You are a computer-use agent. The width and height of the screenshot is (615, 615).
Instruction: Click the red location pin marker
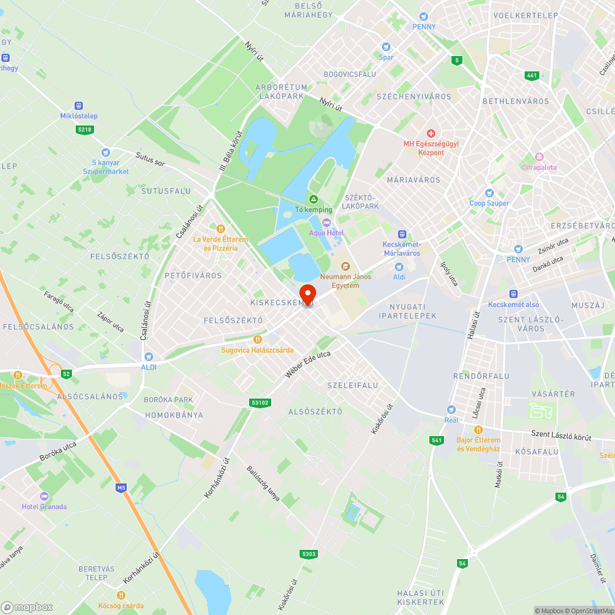tap(307, 294)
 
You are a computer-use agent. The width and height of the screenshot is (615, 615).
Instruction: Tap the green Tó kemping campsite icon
tap(313, 199)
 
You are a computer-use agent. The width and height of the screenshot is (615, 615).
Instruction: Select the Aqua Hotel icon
tap(327, 223)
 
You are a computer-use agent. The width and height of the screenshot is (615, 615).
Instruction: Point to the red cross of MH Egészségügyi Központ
tap(431, 133)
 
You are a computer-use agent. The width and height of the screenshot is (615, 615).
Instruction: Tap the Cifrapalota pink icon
tap(539, 157)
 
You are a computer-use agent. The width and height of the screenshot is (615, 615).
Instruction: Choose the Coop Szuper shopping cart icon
tap(490, 193)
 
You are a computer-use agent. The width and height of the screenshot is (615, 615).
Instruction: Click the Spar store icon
tap(386, 47)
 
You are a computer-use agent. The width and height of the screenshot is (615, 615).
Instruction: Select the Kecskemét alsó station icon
tap(514, 295)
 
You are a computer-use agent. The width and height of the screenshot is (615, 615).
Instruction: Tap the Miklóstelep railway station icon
tap(79, 106)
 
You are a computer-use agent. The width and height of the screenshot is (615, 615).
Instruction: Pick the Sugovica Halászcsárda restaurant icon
tap(258, 339)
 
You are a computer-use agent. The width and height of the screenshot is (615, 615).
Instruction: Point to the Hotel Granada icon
tap(44, 496)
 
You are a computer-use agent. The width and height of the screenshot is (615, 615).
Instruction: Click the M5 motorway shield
tap(121, 488)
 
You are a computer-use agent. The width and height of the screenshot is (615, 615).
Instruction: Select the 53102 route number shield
tap(261, 403)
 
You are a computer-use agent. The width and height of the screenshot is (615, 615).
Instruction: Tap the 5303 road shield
tap(309, 554)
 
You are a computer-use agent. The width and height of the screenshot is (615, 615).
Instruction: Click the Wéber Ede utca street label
tap(308, 364)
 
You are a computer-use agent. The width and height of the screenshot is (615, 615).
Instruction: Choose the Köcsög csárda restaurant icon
tap(121, 595)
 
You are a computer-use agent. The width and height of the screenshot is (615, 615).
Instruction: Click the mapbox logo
tap(27, 607)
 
